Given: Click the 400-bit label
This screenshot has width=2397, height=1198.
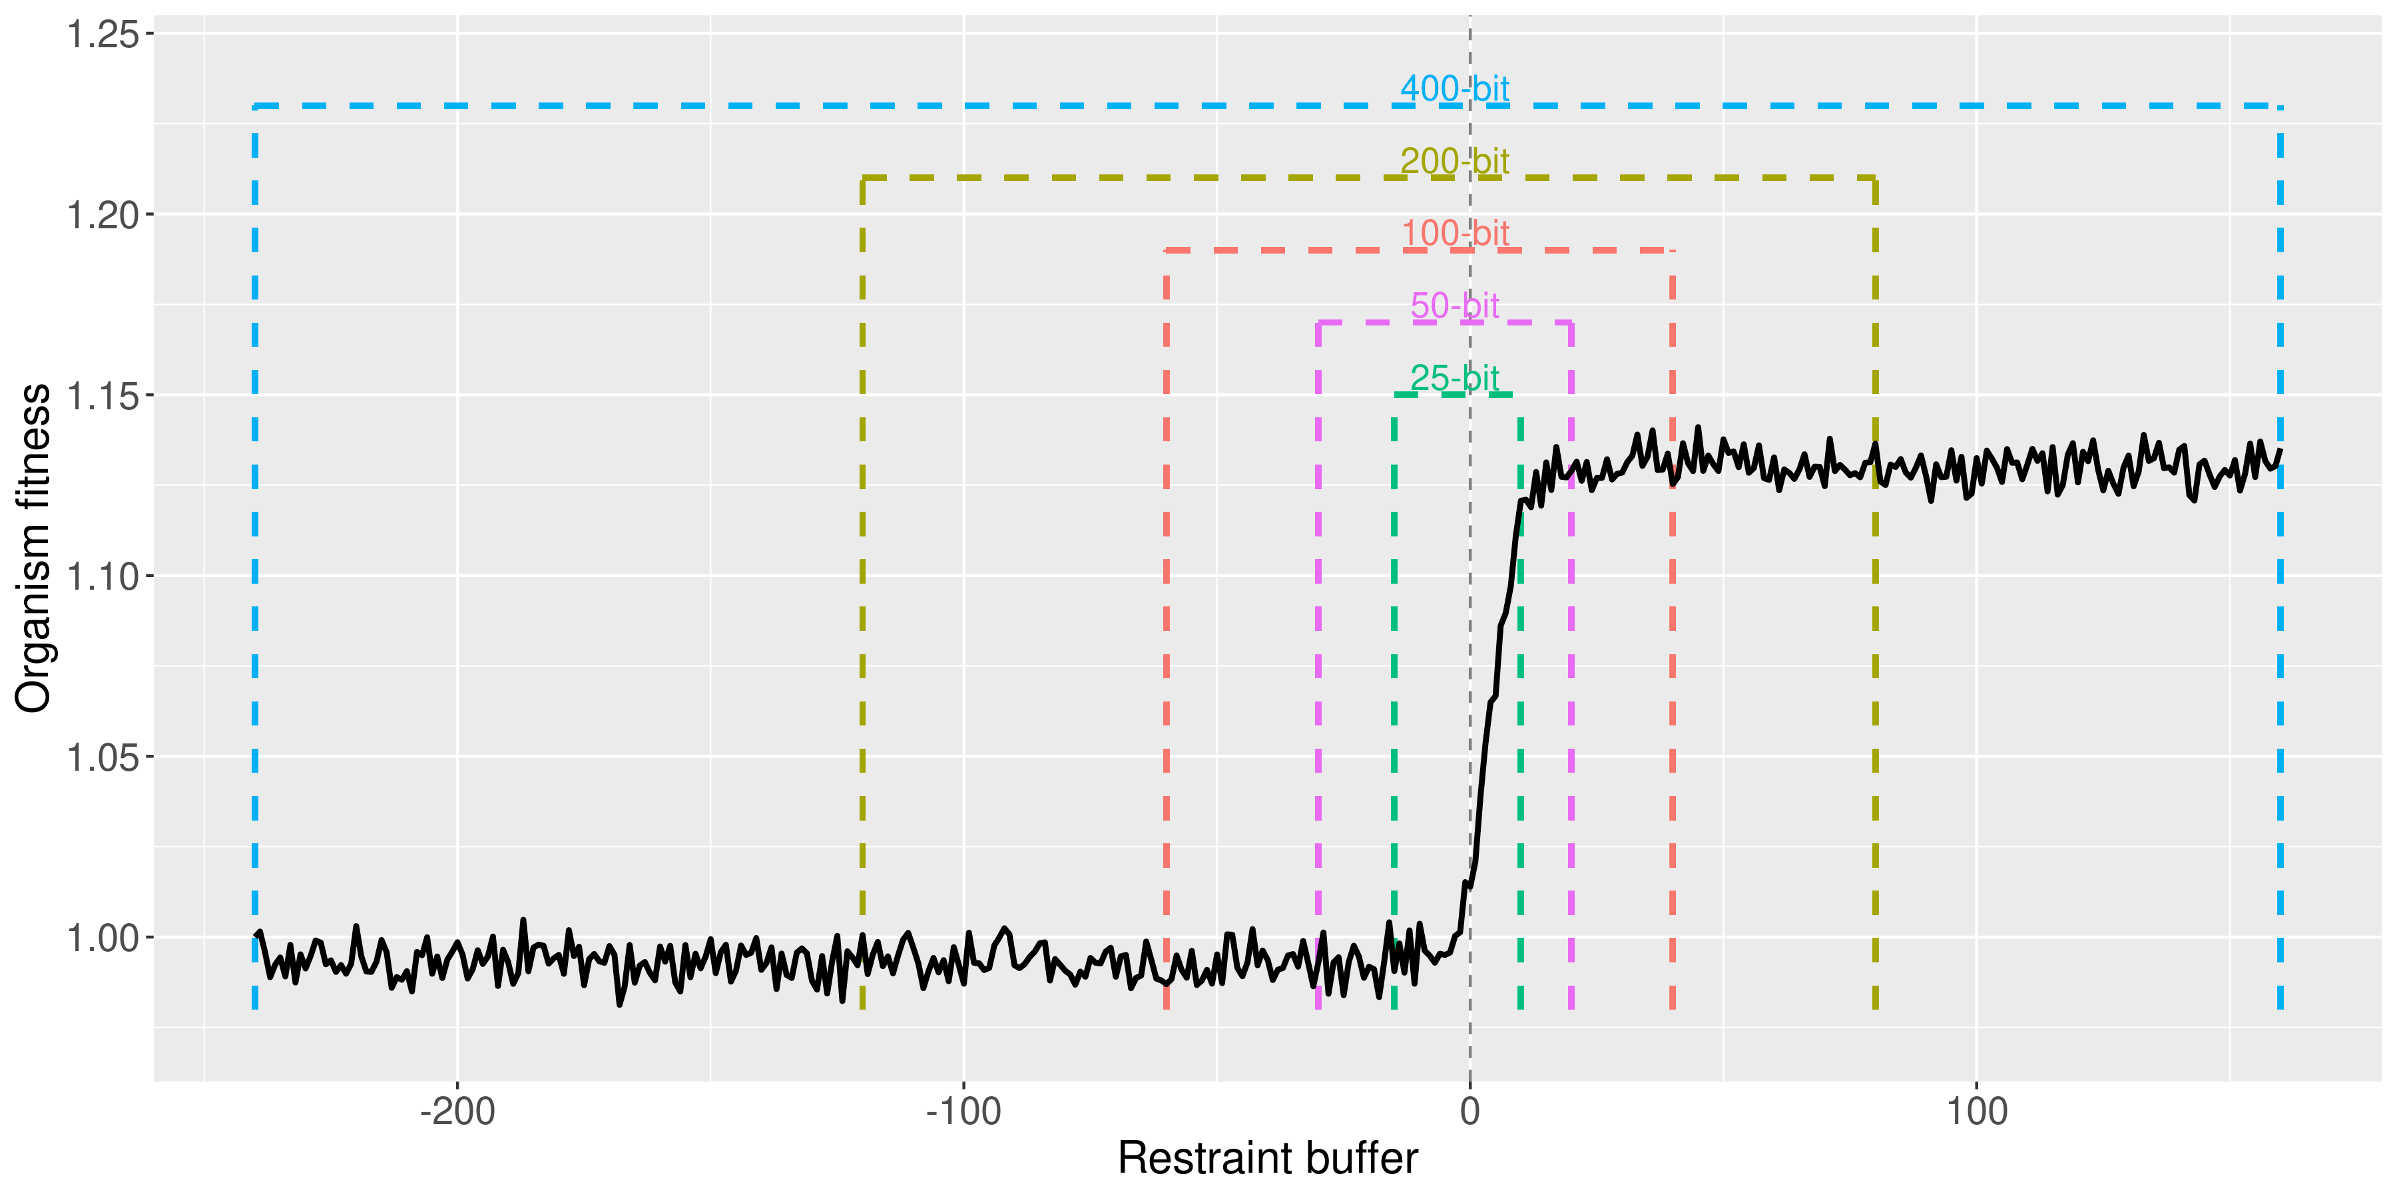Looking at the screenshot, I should [x=1454, y=89].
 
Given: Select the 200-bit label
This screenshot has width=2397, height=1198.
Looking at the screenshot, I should [x=1454, y=162].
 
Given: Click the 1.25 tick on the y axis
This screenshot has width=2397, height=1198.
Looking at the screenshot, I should [x=103, y=35].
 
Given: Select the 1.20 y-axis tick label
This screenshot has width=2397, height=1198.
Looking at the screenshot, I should [x=103, y=216].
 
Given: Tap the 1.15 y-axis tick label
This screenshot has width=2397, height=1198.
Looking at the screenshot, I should [x=103, y=396].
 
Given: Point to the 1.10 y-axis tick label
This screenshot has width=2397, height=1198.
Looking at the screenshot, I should [x=103, y=576].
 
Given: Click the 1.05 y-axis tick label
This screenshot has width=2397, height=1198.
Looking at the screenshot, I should [x=103, y=758].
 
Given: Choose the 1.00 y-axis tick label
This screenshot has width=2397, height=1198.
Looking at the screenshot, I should [x=103, y=938].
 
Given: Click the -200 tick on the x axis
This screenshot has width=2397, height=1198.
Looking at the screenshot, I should [x=457, y=1111].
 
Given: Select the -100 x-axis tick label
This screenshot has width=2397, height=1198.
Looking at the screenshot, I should [x=963, y=1111].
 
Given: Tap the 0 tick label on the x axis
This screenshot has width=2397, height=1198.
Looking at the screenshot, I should [x=1470, y=1111].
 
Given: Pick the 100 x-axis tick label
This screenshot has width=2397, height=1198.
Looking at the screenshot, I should [x=1976, y=1111].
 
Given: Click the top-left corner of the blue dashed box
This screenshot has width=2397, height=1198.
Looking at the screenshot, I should [x=255, y=106].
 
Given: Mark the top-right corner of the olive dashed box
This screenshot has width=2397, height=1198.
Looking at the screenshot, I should [x=1875, y=178].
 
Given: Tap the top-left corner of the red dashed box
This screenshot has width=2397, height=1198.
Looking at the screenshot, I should [x=1167, y=250].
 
